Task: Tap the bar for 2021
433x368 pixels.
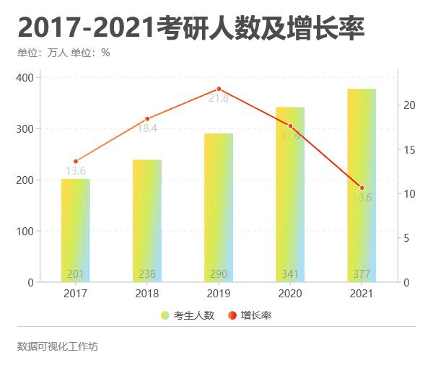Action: point(362,184)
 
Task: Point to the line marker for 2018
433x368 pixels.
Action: point(147,119)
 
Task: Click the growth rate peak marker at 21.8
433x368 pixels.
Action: point(219,89)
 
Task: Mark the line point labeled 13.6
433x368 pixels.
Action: point(76,162)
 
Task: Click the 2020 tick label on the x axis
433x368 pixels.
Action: point(290,294)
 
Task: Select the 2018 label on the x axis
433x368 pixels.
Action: point(147,294)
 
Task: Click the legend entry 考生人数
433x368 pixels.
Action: point(188,315)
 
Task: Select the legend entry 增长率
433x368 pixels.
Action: point(250,315)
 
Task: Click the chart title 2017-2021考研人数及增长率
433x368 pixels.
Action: point(191,28)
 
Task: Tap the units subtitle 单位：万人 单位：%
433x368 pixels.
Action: point(64,53)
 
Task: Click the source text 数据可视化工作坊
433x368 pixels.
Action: point(58,346)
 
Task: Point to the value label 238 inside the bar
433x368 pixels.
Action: point(147,274)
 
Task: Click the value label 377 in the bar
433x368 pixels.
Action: point(362,274)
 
